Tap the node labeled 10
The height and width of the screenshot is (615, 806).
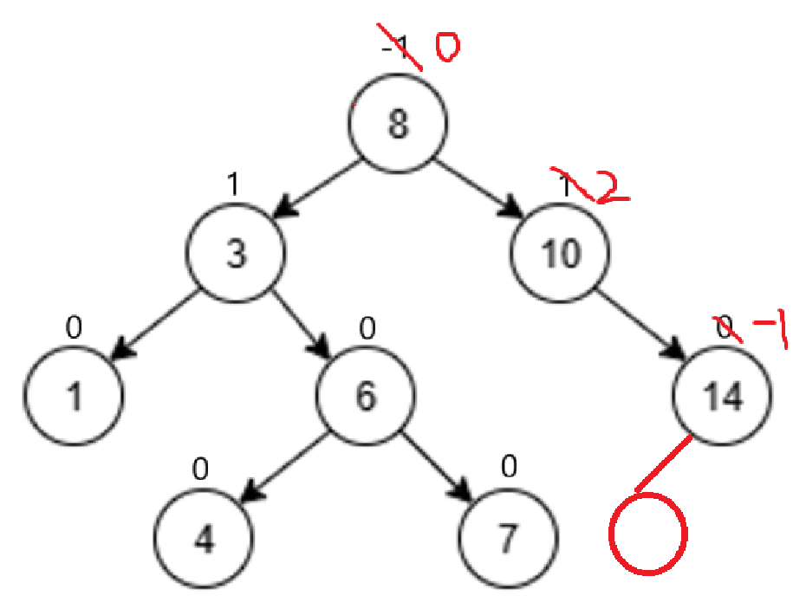pyautogui.click(x=560, y=254)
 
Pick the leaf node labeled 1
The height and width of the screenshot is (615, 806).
pyautogui.click(x=75, y=397)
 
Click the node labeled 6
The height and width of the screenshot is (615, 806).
pyautogui.click(x=365, y=397)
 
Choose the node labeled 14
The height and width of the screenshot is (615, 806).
pyautogui.click(x=722, y=397)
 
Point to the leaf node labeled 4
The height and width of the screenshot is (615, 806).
pyautogui.click(x=205, y=539)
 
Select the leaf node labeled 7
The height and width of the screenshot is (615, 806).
pyautogui.click(x=507, y=539)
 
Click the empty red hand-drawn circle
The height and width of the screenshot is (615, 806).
pyautogui.click(x=648, y=533)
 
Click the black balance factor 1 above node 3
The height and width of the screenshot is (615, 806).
pyautogui.click(x=231, y=183)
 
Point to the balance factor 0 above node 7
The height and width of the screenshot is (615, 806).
pyautogui.click(x=509, y=469)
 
